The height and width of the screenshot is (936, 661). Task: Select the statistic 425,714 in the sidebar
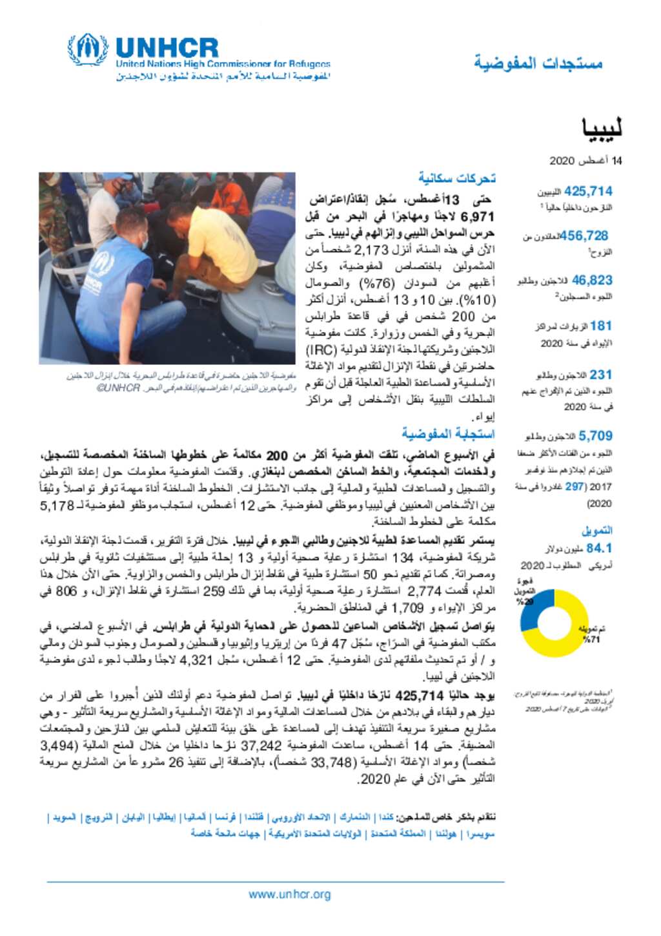point(588,192)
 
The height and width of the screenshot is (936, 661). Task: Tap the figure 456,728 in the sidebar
point(584,236)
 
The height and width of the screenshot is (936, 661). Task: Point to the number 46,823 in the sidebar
point(592,280)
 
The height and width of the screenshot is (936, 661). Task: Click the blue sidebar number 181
point(600,326)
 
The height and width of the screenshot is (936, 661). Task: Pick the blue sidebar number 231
point(600,375)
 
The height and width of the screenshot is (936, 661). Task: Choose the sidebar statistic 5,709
point(595,436)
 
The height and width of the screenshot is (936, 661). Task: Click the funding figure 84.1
point(598,548)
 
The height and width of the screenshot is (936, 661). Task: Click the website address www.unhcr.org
point(290,895)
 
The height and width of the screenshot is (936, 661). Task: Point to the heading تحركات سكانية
point(456,178)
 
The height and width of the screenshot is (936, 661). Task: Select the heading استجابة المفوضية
point(448,433)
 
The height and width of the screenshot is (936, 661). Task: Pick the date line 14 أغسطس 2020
point(585,160)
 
